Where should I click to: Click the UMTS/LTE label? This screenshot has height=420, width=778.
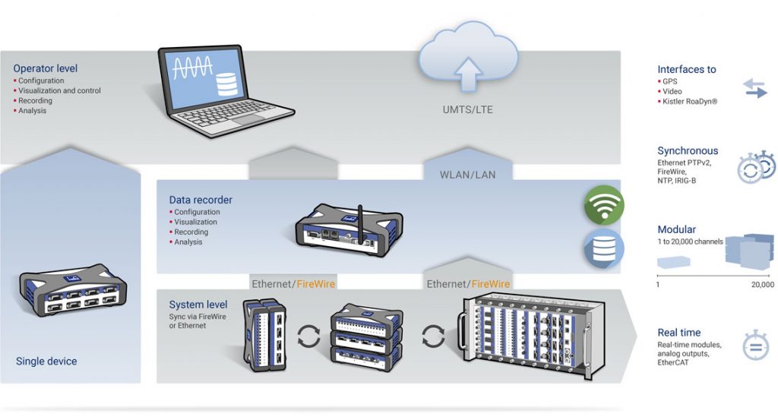tap(467, 109)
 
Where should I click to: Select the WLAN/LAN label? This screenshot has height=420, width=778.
tap(467, 175)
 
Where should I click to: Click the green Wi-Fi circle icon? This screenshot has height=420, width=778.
tap(603, 206)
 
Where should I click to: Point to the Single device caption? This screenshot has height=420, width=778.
tap(46, 361)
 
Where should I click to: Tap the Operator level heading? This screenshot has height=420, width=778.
tap(45, 68)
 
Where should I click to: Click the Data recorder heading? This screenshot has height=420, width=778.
tap(201, 200)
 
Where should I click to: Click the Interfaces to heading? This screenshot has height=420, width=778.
tap(686, 69)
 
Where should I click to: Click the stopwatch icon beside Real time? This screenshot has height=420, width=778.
tap(755, 346)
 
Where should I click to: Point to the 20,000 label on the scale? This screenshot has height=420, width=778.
tap(761, 285)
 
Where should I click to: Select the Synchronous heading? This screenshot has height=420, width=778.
tap(688, 150)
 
